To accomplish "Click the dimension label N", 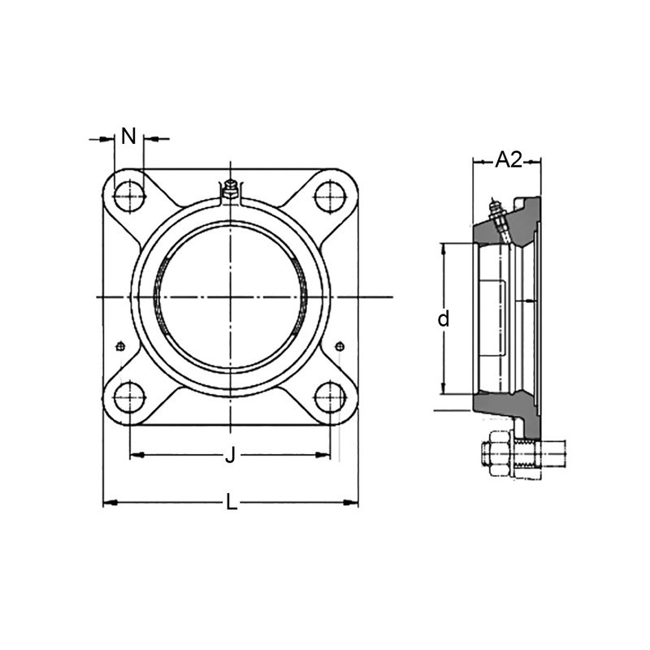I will pyautogui.click(x=128, y=136).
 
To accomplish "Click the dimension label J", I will pyautogui.click(x=230, y=456).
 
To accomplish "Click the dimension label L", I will pyautogui.click(x=232, y=504).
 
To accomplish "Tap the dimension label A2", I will pyautogui.click(x=509, y=160).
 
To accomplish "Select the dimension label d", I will pyautogui.click(x=443, y=319).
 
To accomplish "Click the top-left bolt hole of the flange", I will pyautogui.click(x=128, y=196).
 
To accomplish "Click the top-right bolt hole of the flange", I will pyautogui.click(x=329, y=196).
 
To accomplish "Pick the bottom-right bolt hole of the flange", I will pyautogui.click(x=329, y=397).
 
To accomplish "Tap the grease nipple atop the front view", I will pyautogui.click(x=230, y=190).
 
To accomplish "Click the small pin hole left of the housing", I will pyautogui.click(x=120, y=347).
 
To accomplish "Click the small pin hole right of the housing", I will pyautogui.click(x=340, y=347).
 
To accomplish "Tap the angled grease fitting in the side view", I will pyautogui.click(x=498, y=218).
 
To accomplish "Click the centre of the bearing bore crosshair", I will pyautogui.click(x=230, y=297).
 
